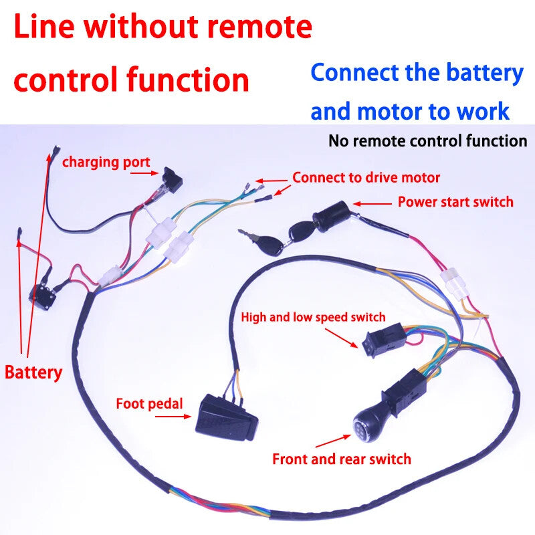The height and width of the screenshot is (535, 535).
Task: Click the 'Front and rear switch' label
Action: click(x=341, y=459)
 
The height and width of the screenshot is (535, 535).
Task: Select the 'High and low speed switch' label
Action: click(x=313, y=317)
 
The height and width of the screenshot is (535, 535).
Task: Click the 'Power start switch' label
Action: click(x=455, y=202)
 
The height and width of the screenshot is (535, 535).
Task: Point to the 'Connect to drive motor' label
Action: click(x=366, y=178)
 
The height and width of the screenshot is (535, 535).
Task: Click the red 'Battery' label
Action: click(x=33, y=372)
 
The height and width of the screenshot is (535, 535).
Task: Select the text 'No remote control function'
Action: click(x=427, y=141)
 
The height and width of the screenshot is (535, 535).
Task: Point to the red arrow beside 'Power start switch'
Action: click(x=373, y=203)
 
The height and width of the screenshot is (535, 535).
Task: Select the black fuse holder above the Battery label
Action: click(x=42, y=294)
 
